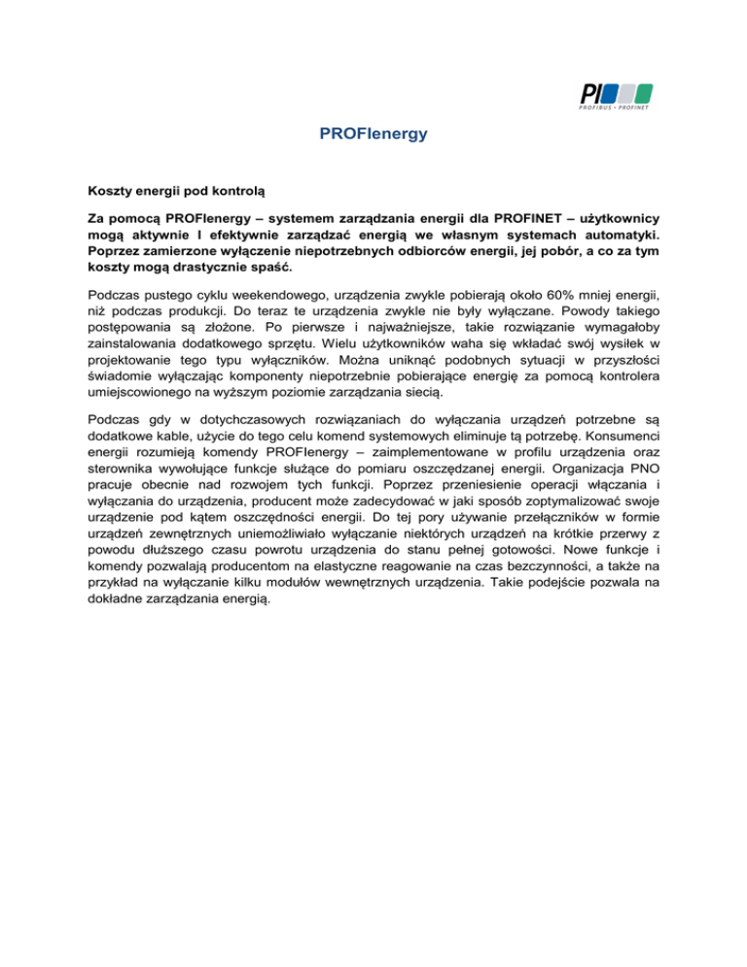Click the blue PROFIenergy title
pos(373,134)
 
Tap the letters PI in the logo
pos(589,93)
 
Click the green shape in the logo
pos(642,93)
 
